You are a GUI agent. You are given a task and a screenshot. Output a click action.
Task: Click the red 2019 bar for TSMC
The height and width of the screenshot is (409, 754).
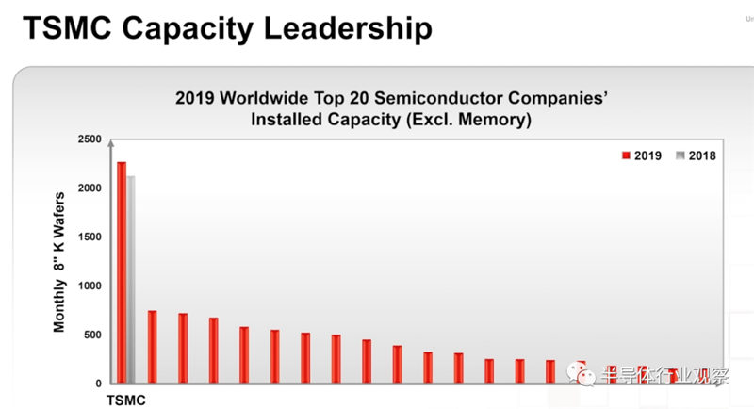[x=122, y=273]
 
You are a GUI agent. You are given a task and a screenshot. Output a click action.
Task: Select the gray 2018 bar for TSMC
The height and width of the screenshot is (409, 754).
[x=131, y=280]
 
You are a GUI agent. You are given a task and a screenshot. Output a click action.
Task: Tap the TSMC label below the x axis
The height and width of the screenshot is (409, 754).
[x=127, y=401]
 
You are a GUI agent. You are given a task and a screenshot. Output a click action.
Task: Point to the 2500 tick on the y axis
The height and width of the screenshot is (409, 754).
[x=90, y=139]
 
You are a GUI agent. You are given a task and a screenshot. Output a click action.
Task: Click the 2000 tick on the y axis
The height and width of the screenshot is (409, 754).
[x=90, y=188]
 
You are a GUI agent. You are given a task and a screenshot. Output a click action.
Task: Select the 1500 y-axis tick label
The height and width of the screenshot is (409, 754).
[x=90, y=237]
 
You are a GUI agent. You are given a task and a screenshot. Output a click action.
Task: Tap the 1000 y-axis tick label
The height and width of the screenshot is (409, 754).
[x=90, y=286]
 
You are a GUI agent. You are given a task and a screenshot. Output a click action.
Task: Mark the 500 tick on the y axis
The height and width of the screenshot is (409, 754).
[x=92, y=335]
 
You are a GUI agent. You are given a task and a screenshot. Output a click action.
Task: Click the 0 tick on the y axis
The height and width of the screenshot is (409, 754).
[x=98, y=384]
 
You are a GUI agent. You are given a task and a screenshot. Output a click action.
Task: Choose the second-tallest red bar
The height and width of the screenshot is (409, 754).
[x=152, y=347]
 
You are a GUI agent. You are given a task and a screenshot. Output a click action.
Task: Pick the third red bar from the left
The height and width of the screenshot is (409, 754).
[x=183, y=348]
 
